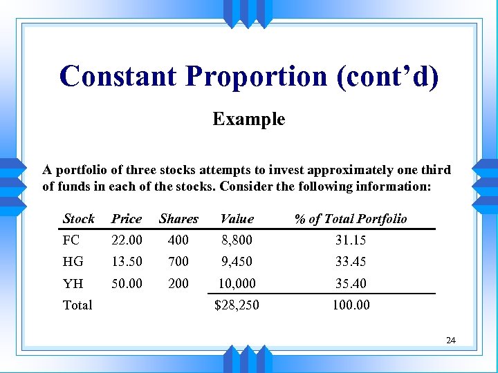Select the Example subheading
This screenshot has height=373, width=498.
click(248, 119)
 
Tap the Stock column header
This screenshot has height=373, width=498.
click(78, 219)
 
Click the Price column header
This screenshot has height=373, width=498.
click(127, 219)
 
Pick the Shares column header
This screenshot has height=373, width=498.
click(178, 219)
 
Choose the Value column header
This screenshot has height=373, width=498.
click(237, 219)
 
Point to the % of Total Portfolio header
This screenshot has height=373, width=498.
click(350, 219)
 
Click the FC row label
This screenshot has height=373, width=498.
click(71, 240)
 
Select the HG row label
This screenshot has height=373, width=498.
click(73, 262)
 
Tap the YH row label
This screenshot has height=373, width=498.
click(73, 283)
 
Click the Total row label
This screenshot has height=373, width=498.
click(77, 305)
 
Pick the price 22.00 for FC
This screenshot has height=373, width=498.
click(127, 240)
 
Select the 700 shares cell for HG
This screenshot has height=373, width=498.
click(178, 262)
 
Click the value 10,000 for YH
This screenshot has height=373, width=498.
click(237, 283)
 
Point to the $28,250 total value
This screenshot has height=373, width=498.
click(237, 305)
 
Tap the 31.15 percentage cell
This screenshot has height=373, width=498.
click(350, 240)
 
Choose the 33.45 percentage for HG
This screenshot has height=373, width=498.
click(350, 262)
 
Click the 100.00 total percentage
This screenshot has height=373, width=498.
click(350, 305)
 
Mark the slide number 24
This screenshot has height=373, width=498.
click(451, 340)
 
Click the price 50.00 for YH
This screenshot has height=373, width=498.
click(127, 283)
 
